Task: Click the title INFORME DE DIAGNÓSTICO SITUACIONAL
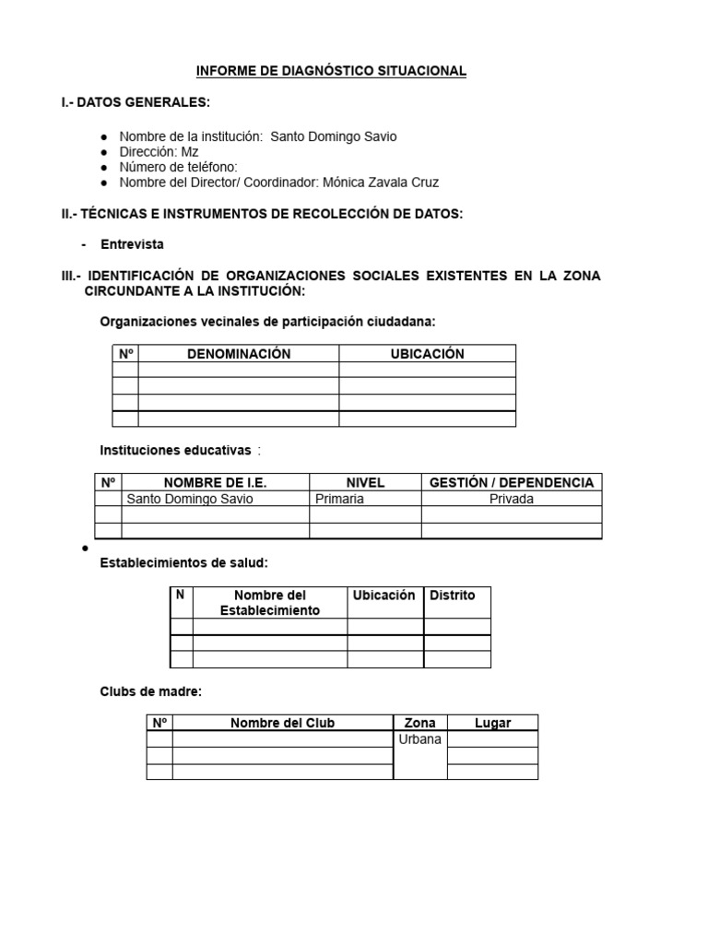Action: (332, 71)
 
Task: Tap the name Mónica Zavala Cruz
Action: (381, 183)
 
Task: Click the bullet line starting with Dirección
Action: (159, 152)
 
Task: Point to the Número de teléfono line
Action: (178, 167)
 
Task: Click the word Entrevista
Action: (132, 244)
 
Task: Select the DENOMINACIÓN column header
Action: (239, 354)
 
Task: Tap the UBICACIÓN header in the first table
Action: (427, 354)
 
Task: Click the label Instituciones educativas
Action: (175, 450)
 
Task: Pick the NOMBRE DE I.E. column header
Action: (215, 482)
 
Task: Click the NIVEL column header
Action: (365, 482)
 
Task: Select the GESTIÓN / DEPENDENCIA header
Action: (512, 482)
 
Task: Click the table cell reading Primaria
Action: (339, 499)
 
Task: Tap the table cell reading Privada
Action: (512, 499)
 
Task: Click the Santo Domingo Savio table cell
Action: (189, 499)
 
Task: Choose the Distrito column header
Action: (453, 596)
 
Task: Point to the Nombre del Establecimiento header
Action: (270, 603)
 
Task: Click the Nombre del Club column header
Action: (282, 723)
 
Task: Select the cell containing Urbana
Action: (419, 739)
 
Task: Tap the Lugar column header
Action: (492, 723)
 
